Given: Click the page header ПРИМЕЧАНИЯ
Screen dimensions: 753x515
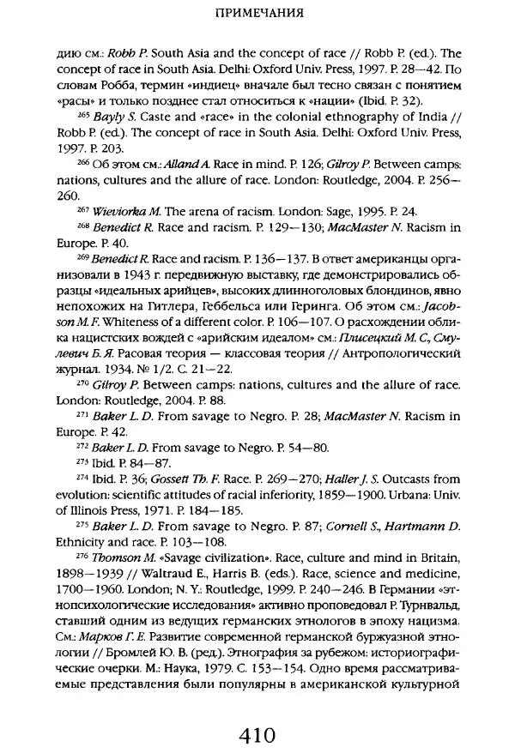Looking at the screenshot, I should pyautogui.click(x=257, y=14).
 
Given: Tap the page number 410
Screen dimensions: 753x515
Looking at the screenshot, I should pyautogui.click(x=257, y=734).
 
